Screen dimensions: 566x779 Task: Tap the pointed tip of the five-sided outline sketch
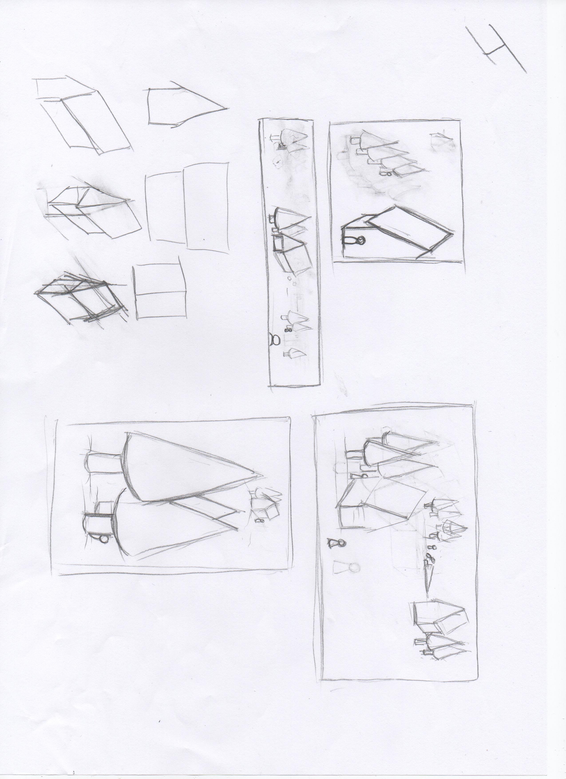pos(227,109)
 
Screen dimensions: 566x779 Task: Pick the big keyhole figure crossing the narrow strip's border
pos(274,340)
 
